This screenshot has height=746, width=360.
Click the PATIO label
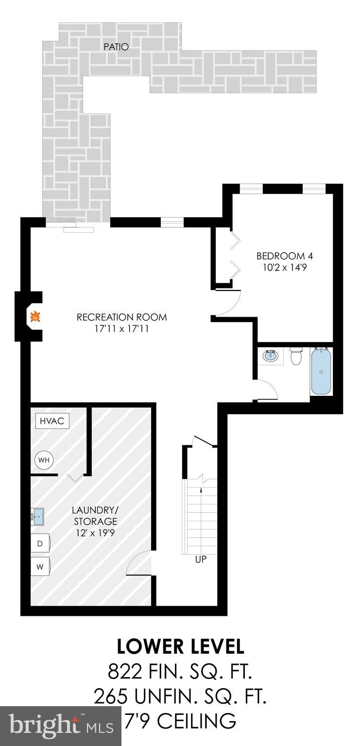pos(116,47)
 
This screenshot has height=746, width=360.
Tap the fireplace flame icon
pos(35,317)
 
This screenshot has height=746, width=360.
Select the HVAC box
pos(52,421)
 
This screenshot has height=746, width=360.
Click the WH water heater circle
pos(44,460)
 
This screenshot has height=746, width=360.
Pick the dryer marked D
pos(40,543)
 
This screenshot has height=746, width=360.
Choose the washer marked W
pos(40,566)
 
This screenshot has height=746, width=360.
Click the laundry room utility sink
pos(37,515)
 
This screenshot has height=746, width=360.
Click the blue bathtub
pos(321,372)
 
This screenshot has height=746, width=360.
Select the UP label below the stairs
pos(201,559)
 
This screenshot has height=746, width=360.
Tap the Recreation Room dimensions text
pos(121,329)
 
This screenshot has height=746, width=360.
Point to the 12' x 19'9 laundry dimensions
pos(95,532)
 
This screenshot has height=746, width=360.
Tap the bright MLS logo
pos(61,726)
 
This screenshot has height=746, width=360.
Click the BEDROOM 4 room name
pos(281,256)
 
